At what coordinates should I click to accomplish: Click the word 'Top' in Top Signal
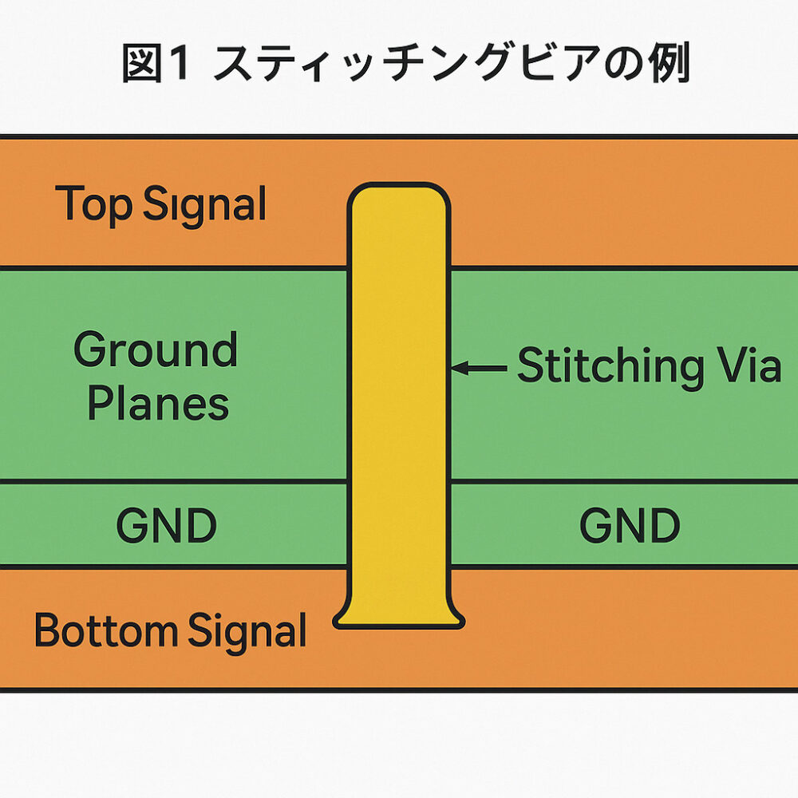coord(93,204)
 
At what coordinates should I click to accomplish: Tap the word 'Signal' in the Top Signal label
coord(204,204)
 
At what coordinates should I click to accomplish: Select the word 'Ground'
coord(156,350)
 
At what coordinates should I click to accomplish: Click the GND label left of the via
coord(167,525)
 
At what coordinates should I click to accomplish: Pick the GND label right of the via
coord(630,525)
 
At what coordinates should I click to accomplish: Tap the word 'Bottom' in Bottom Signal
coord(105,630)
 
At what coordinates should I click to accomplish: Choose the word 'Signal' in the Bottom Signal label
coord(247,631)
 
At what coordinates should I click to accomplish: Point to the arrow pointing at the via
coord(479,367)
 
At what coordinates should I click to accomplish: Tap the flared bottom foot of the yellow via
coord(399,613)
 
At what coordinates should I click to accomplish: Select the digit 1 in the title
coord(178,63)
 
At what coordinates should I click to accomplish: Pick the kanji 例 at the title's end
coord(670,63)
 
